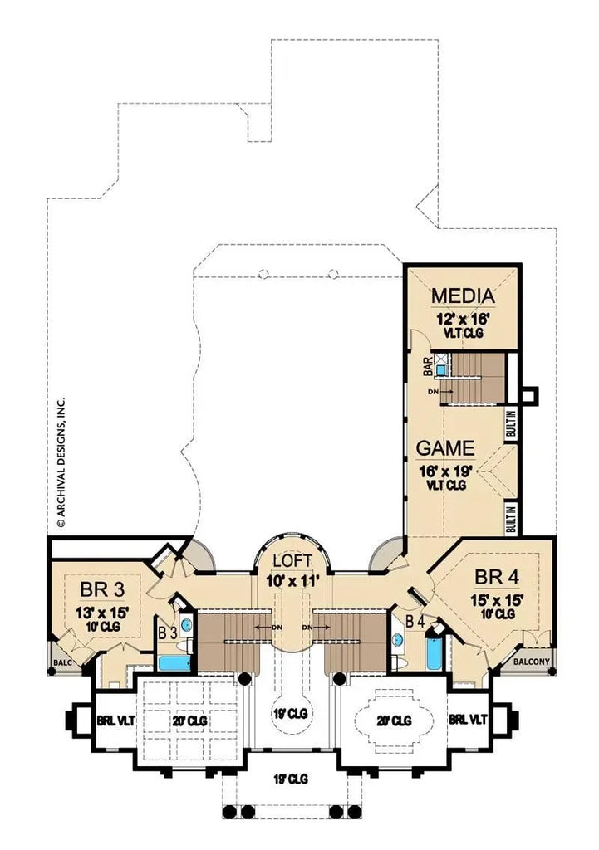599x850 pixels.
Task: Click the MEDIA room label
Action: click(x=462, y=296)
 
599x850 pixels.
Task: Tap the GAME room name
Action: click(x=444, y=448)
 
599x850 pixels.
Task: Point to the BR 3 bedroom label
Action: click(x=104, y=589)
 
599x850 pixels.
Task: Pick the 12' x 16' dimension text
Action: click(x=462, y=318)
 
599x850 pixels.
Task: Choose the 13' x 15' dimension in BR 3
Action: click(x=104, y=612)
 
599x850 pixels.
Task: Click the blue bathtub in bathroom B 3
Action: click(x=174, y=663)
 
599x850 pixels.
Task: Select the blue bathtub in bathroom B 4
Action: click(x=434, y=652)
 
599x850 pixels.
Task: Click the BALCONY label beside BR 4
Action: click(x=529, y=662)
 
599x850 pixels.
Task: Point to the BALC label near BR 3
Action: click(x=62, y=662)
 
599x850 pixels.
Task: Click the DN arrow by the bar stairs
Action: click(x=440, y=389)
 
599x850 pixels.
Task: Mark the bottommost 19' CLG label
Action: click(x=291, y=779)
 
